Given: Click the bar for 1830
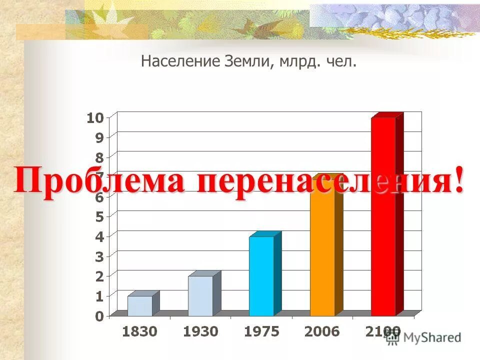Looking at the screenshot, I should [x=140, y=305].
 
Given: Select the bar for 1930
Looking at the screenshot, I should [x=200, y=295].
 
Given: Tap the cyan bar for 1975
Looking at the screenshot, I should [x=261, y=275].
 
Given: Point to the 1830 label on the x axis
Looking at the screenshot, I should [x=139, y=331].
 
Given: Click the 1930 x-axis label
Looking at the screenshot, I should [x=200, y=331].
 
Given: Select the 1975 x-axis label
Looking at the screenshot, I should [x=261, y=331].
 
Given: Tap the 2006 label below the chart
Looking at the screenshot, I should [x=322, y=331].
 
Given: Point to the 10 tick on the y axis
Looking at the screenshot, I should [x=95, y=118].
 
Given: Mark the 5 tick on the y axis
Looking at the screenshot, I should [x=99, y=216].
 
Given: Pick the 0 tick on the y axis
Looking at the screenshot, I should [x=99, y=315].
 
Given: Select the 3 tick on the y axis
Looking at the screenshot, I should [x=99, y=256].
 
